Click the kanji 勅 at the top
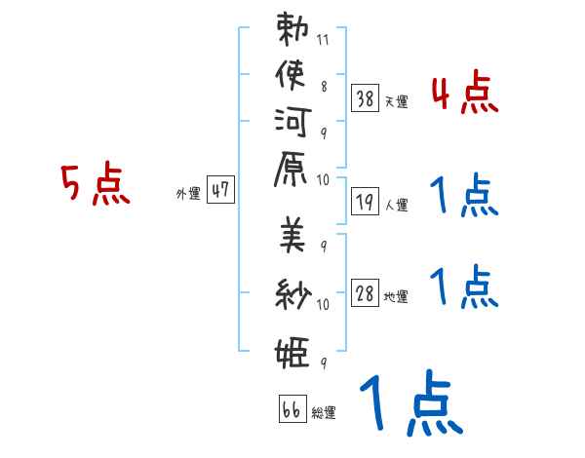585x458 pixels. (292, 28)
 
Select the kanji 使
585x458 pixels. (291, 75)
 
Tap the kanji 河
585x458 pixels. (292, 122)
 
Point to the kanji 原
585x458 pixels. (291, 169)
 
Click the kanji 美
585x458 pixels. (292, 235)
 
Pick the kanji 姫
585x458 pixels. (292, 352)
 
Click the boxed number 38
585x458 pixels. (365, 98)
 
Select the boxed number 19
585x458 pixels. (365, 202)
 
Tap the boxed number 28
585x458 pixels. (365, 292)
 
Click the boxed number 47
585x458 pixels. (220, 189)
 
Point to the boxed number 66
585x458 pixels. (292, 409)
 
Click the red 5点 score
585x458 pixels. (96, 183)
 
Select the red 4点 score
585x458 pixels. (465, 93)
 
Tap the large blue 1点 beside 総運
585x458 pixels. (411, 402)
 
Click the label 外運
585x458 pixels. (188, 194)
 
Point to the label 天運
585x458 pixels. (397, 101)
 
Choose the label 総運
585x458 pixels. (324, 413)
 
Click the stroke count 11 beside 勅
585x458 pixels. (323, 40)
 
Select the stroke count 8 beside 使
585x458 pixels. (324, 87)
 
